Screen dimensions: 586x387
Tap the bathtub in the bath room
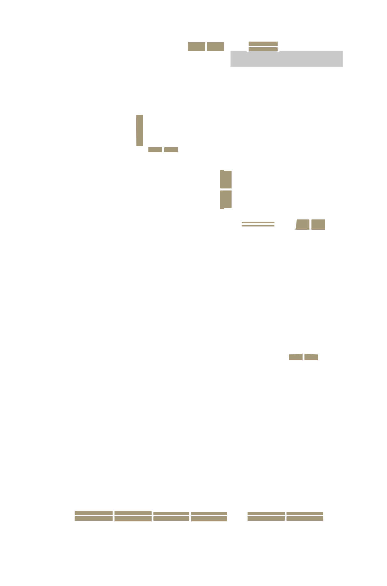tap(67, 187)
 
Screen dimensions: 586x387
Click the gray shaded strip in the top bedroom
tap(286, 59)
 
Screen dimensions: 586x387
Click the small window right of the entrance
tap(263, 46)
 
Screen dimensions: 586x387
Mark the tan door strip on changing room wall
tap(139, 131)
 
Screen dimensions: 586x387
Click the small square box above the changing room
tap(78, 67)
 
